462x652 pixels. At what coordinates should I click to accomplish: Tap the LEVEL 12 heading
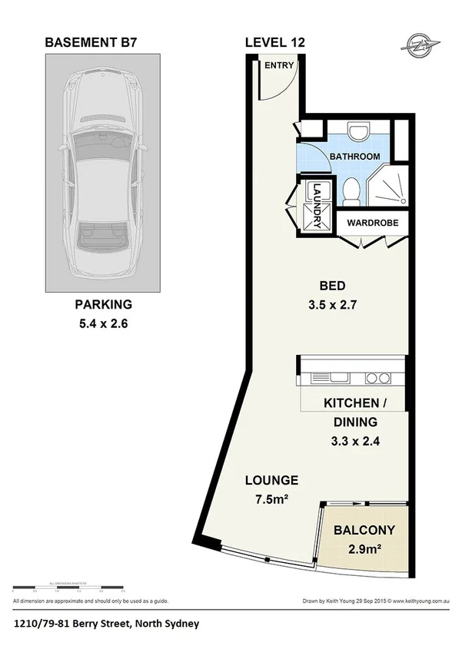click(x=274, y=43)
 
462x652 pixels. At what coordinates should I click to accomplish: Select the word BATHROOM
click(x=355, y=157)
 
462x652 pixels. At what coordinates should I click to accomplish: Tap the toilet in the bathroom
click(x=351, y=189)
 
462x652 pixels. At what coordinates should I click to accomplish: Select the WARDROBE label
click(x=372, y=226)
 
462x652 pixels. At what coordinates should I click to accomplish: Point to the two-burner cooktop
click(x=377, y=378)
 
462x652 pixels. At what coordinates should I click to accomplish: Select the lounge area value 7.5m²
click(x=271, y=501)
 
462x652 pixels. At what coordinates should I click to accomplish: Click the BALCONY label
click(x=364, y=530)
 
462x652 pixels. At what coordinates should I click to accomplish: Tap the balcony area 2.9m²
click(x=364, y=550)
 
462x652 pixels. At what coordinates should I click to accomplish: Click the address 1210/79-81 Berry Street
click(x=106, y=624)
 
